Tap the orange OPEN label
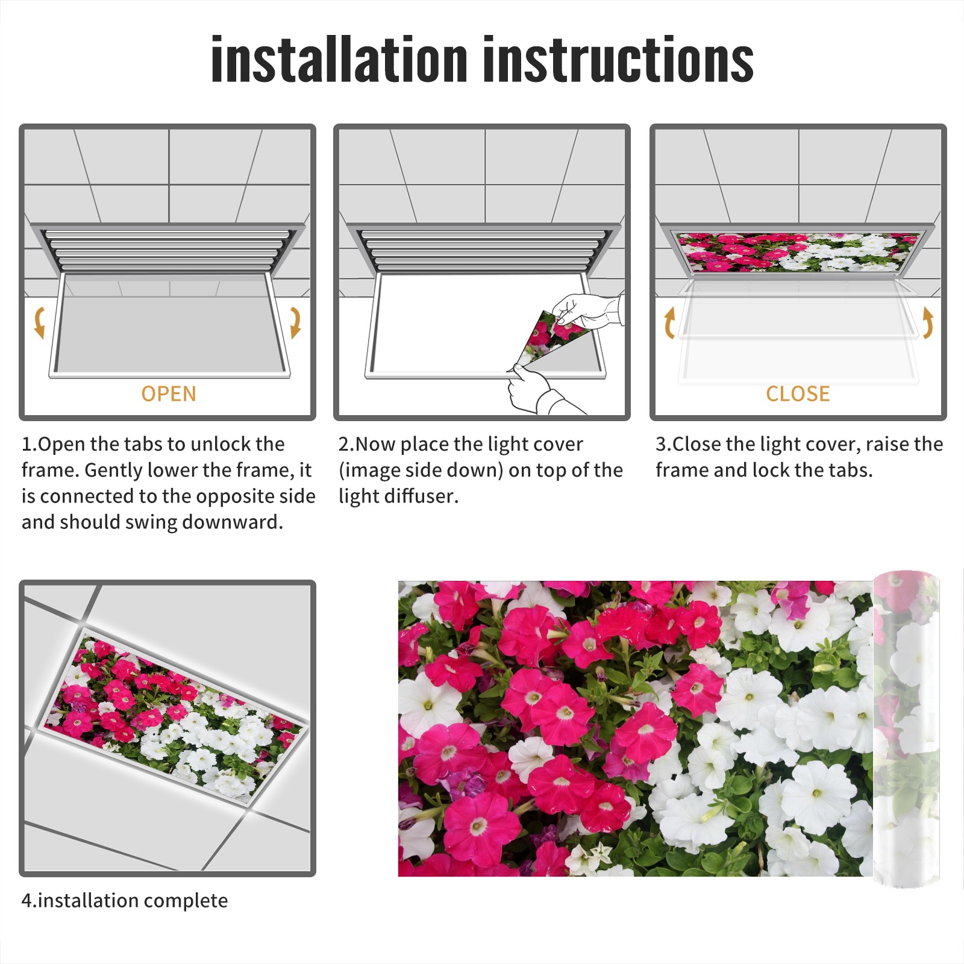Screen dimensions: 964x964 [169, 393]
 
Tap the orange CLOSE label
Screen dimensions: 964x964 [798, 393]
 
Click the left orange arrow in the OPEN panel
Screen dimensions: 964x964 [39, 322]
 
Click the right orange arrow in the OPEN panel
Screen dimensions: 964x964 [295, 322]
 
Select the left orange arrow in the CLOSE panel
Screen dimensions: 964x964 [668, 322]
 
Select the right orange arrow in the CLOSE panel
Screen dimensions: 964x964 [928, 322]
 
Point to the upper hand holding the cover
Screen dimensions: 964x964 [587, 310]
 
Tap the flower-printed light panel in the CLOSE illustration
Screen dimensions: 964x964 [798, 252]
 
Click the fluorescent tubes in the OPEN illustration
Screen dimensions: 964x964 [166, 249]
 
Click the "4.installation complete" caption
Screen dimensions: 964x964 [125, 900]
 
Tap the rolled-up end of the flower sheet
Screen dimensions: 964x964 [906, 729]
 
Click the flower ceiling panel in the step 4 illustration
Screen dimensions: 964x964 [175, 717]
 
